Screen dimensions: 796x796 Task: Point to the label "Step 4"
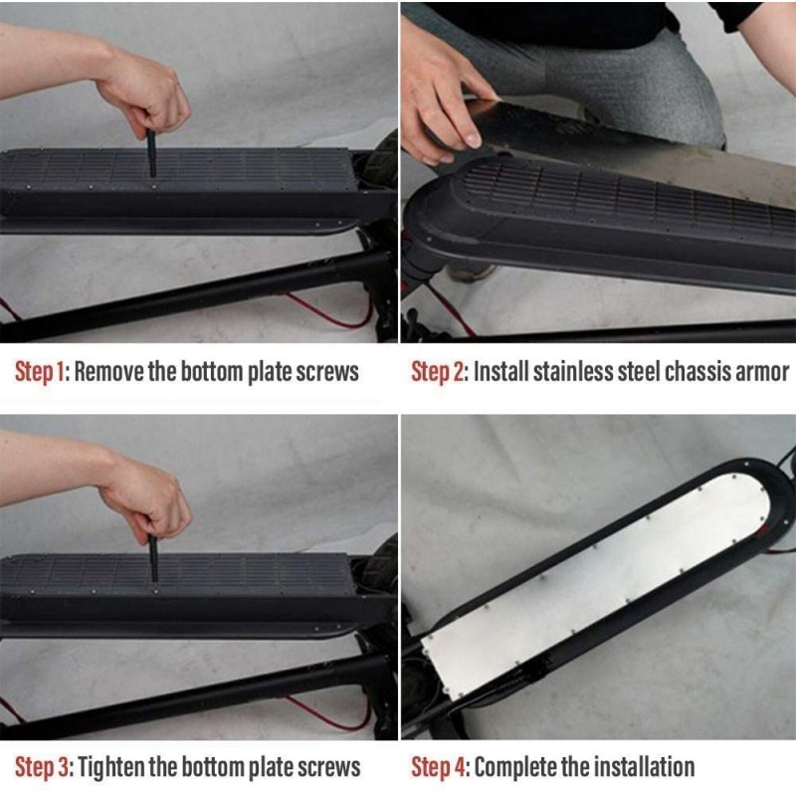pyautogui.click(x=439, y=767)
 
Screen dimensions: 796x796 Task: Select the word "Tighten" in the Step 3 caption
pyautogui.click(x=112, y=767)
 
